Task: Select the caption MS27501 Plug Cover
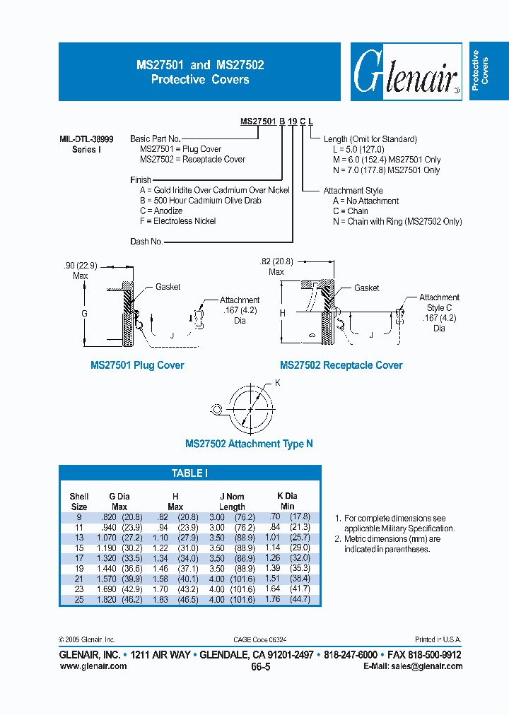(x=137, y=365)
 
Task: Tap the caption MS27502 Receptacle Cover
(x=341, y=365)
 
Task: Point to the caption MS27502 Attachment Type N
(x=249, y=444)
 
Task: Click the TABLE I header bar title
(x=189, y=473)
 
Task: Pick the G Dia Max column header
(x=119, y=502)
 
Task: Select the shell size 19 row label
(x=79, y=568)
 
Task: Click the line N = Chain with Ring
(x=397, y=221)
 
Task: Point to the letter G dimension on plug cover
(x=84, y=312)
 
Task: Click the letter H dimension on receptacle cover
(x=282, y=312)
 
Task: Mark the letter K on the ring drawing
(x=277, y=382)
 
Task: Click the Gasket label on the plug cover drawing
(x=168, y=287)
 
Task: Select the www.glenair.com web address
(x=93, y=666)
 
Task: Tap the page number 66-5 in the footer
(x=259, y=666)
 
